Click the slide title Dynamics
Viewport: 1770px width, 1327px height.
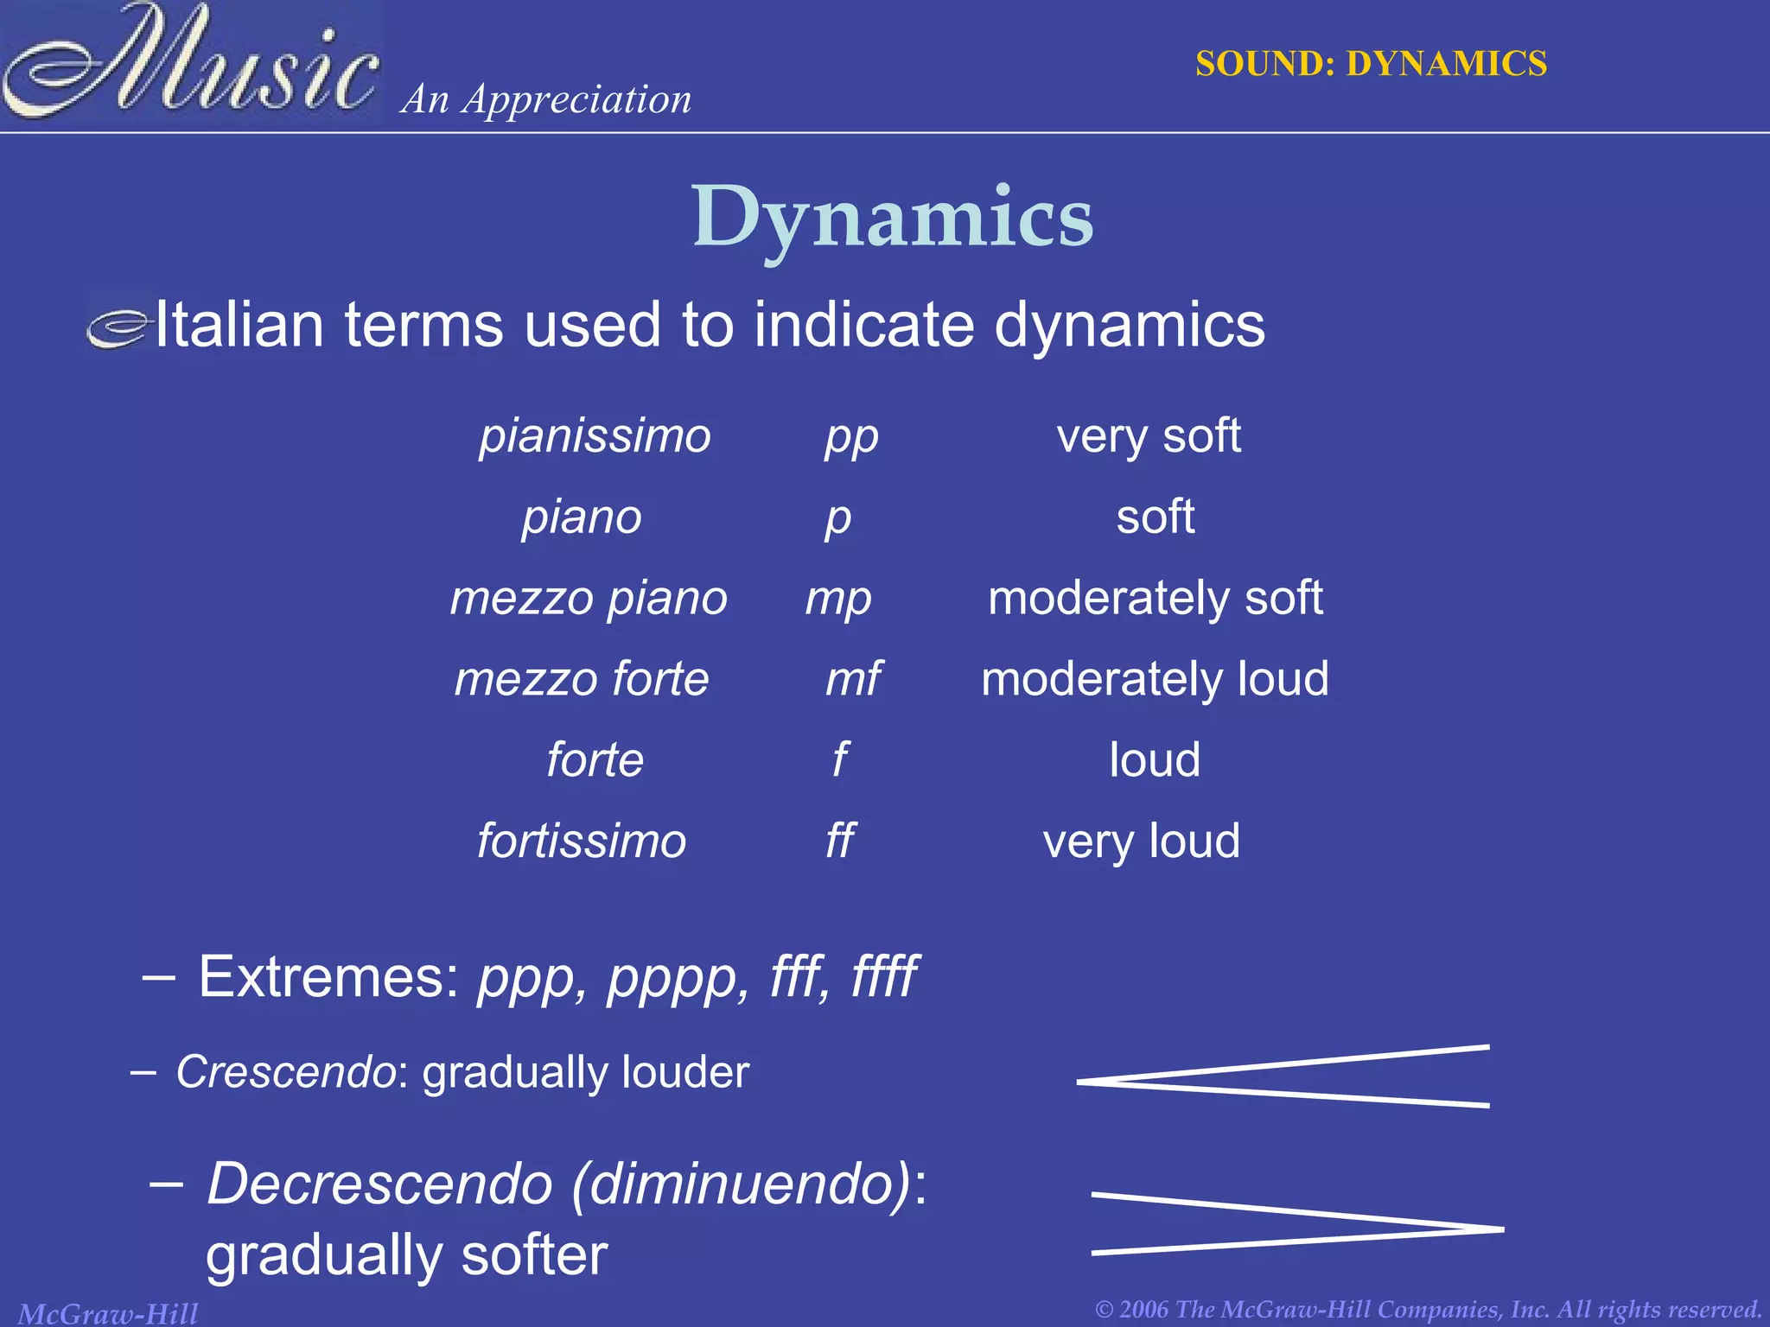click(x=893, y=218)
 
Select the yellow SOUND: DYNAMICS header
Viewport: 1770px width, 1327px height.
click(x=1371, y=64)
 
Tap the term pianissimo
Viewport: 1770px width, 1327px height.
click(x=595, y=435)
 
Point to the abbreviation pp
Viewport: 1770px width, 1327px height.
click(x=851, y=437)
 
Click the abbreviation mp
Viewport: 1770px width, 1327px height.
click(x=838, y=599)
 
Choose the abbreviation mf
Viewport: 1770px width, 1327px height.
click(x=853, y=679)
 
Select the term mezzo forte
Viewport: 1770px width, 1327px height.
click(x=582, y=679)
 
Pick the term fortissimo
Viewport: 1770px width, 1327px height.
click(x=582, y=841)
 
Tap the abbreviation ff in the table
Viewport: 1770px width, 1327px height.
click(x=840, y=841)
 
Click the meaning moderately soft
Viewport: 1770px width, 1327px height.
click(x=1155, y=598)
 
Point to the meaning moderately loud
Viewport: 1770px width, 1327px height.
click(x=1155, y=679)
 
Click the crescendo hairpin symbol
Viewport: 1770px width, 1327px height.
click(x=1283, y=1077)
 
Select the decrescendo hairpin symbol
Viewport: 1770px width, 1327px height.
click(x=1297, y=1224)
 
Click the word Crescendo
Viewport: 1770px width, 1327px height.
click(x=286, y=1073)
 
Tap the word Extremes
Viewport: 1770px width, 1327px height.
click(x=329, y=977)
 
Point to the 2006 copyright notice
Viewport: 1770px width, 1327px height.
click(x=1428, y=1310)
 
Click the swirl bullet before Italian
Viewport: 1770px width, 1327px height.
click(x=118, y=328)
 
